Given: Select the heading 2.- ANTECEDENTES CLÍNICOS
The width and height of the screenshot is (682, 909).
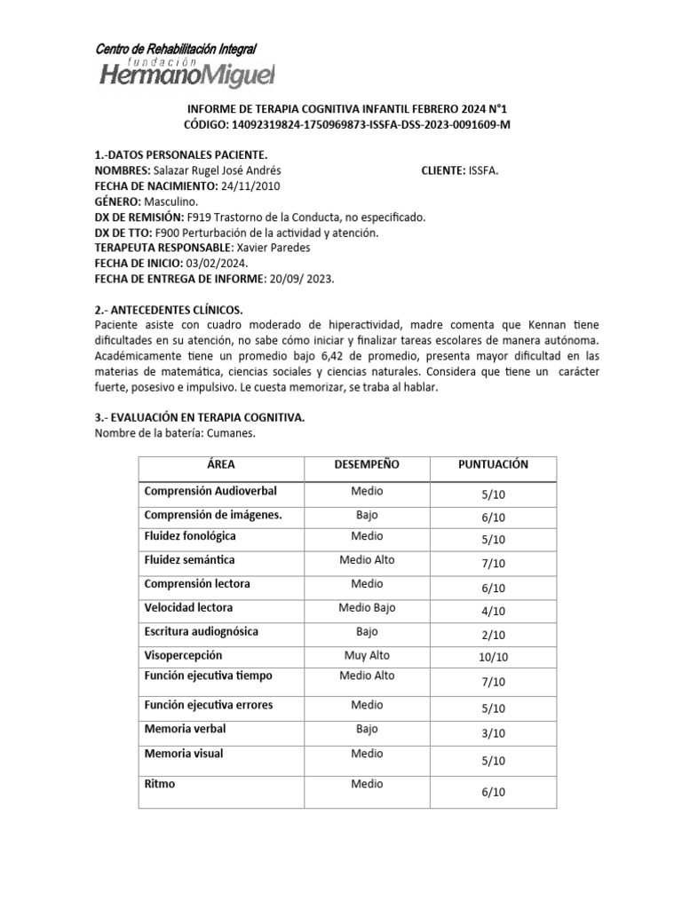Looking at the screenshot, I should coord(168,310).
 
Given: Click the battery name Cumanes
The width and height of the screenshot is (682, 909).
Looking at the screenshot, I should coord(230,433).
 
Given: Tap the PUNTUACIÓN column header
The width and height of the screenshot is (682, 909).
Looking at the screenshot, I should coord(493,464).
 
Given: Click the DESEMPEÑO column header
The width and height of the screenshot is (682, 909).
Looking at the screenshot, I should coord(367,464).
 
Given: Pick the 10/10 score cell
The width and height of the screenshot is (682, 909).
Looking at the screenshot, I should coord(493,658).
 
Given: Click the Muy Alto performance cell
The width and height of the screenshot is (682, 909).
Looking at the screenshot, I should coord(367,655).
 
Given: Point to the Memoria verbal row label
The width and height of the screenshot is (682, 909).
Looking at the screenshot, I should coord(185,729).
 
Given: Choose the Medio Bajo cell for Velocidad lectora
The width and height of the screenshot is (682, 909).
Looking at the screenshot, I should coord(367,608).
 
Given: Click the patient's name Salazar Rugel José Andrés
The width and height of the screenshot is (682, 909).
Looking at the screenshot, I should coord(219,171).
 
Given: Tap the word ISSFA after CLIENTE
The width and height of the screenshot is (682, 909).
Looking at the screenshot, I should coord(483,171).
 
